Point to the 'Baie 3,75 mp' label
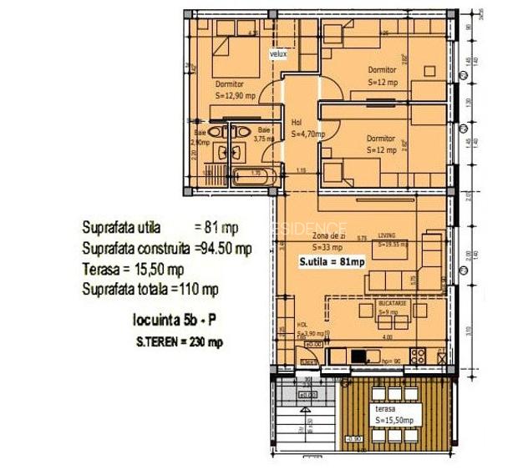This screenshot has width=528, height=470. point(264,135)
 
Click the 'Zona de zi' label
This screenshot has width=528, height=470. point(328,238)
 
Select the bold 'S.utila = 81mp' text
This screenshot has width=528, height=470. point(332,262)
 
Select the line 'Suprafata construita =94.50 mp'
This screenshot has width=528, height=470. point(167,248)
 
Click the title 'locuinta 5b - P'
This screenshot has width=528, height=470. point(171,319)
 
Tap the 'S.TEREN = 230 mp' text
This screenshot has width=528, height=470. point(180,341)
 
